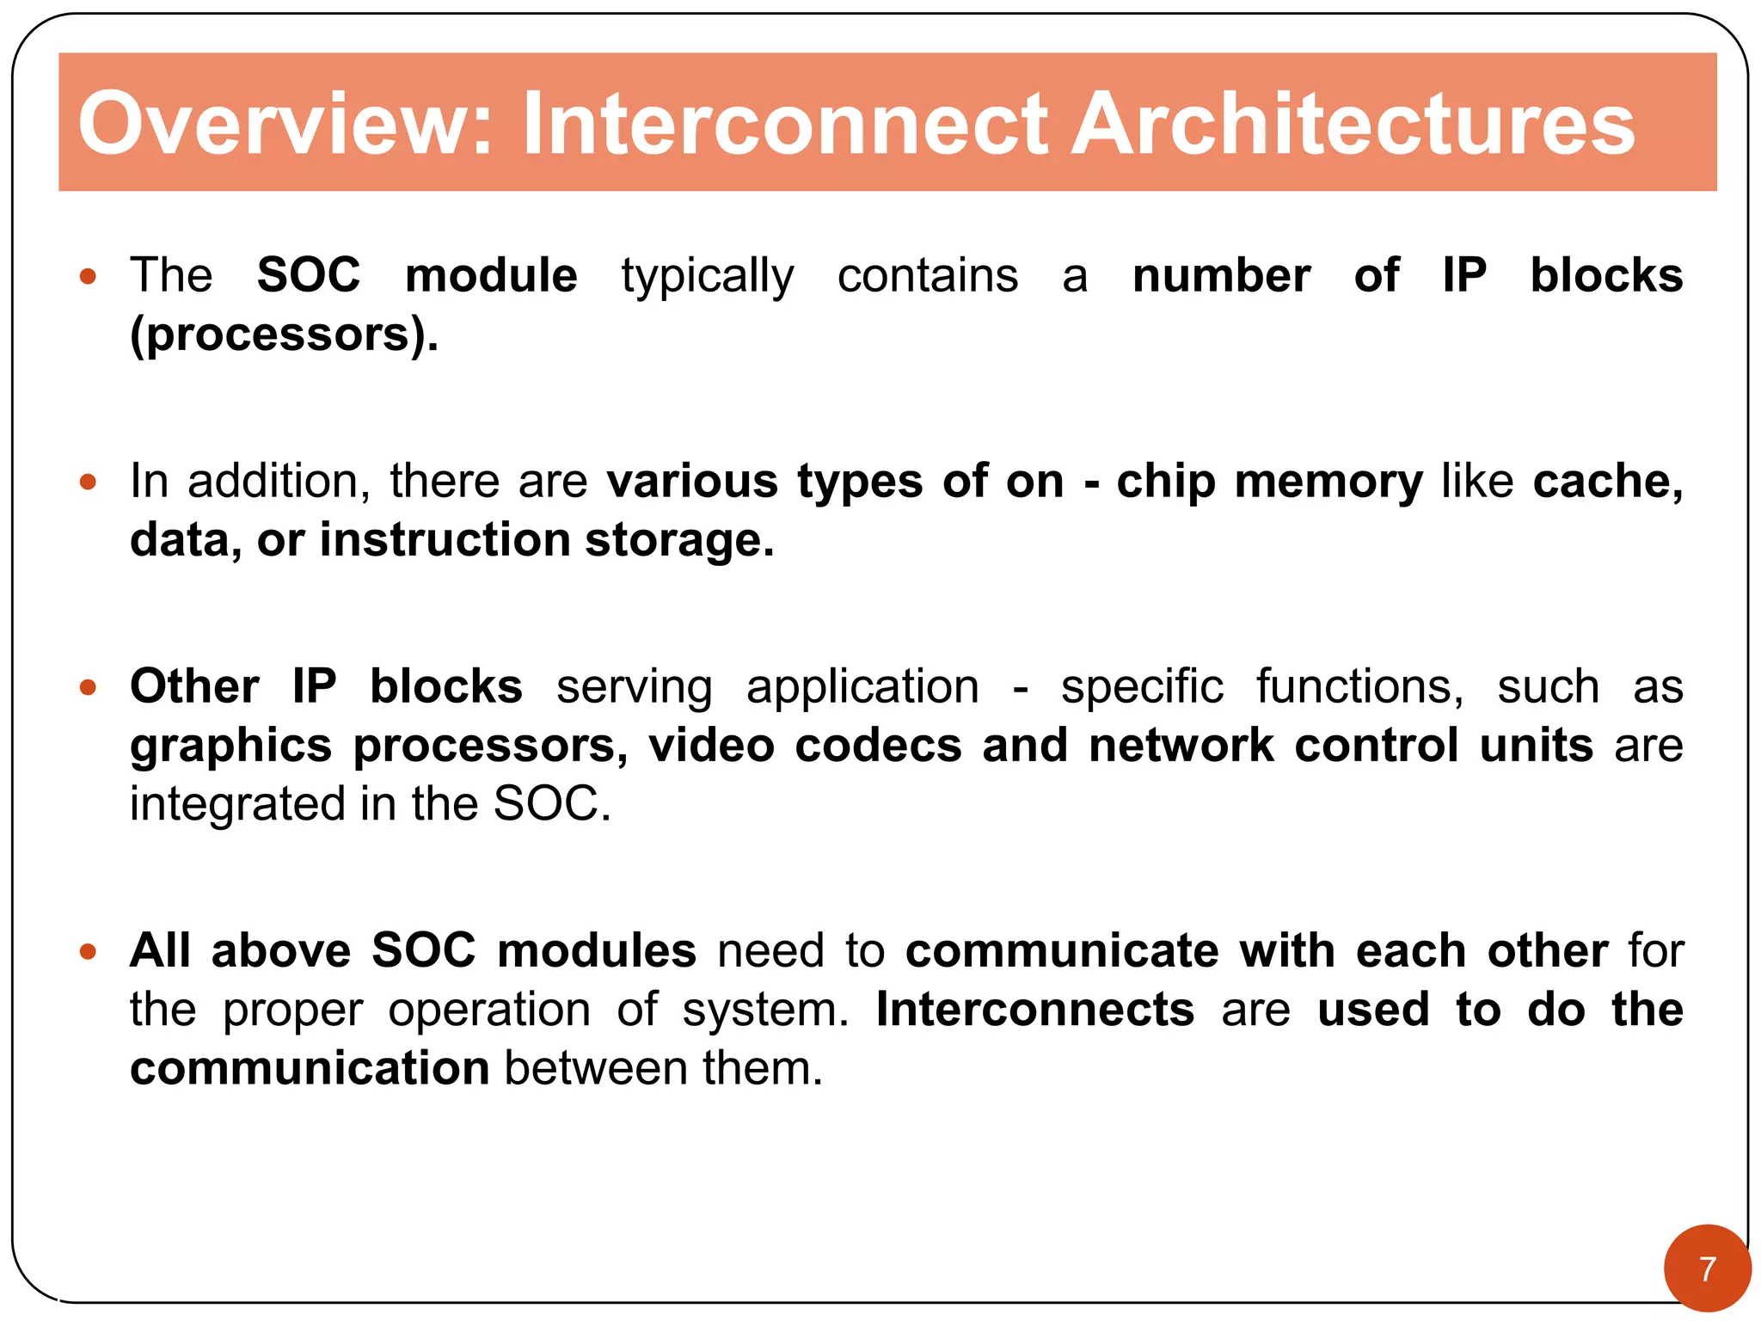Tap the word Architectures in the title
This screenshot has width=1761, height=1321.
[x=1352, y=124]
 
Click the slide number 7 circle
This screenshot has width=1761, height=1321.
[x=1707, y=1269]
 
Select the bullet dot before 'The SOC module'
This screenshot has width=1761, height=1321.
[x=88, y=277]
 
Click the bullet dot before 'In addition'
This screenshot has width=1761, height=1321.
[x=88, y=482]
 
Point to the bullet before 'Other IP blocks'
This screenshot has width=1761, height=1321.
[x=88, y=687]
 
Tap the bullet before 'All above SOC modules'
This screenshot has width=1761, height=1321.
[x=88, y=951]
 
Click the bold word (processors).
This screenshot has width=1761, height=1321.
[x=284, y=335]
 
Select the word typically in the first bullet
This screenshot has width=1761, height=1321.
[x=707, y=277]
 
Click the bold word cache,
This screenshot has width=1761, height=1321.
[x=1607, y=481]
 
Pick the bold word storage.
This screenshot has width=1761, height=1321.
[x=679, y=540]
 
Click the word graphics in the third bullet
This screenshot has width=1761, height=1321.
[x=230, y=746]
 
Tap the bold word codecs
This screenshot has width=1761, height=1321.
[x=877, y=745]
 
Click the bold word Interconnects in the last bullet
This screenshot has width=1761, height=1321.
[x=1034, y=1009]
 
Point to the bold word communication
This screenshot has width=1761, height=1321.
[x=310, y=1068]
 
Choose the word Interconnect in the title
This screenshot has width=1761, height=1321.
[x=785, y=124]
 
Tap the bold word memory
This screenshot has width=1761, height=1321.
[x=1328, y=482]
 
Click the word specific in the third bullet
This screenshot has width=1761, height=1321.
[x=1141, y=688]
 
